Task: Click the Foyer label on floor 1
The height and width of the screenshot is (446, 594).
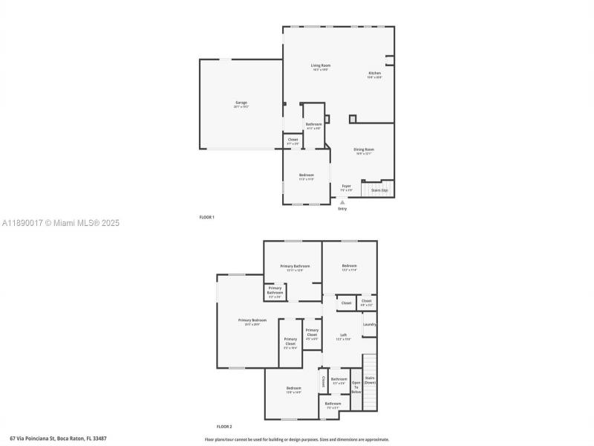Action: click(x=346, y=187)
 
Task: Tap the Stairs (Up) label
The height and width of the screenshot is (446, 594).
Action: click(x=379, y=190)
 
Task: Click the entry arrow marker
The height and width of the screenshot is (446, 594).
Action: click(x=342, y=202)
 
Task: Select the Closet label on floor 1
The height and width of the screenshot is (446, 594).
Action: click(x=293, y=140)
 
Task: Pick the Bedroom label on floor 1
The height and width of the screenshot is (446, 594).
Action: click(x=306, y=176)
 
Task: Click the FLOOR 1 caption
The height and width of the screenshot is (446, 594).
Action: click(x=206, y=217)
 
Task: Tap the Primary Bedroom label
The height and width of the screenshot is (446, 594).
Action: click(x=252, y=321)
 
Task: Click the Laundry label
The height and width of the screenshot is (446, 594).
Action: click(x=369, y=324)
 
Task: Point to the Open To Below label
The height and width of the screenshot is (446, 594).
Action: click(x=356, y=387)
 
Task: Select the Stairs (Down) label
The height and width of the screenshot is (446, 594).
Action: click(x=370, y=380)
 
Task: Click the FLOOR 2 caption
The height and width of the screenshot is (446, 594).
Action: click(x=224, y=427)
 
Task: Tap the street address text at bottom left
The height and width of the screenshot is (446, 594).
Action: click(x=58, y=439)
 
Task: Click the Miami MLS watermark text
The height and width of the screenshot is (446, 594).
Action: click(x=61, y=223)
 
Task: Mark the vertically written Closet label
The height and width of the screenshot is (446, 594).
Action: click(x=323, y=381)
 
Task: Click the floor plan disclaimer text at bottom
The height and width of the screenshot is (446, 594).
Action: click(x=296, y=439)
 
